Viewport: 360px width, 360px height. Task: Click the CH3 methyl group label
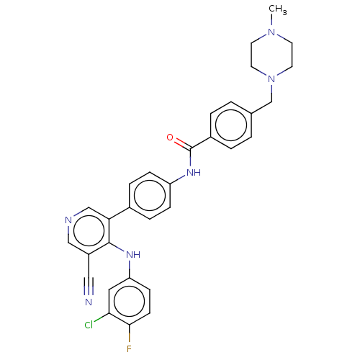coord(278,9)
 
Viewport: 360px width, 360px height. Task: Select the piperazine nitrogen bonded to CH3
coord(271,32)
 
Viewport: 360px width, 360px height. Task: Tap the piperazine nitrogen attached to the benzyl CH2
coord(271,78)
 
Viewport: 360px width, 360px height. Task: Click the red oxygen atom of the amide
coord(170,138)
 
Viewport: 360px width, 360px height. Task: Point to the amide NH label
coord(194,172)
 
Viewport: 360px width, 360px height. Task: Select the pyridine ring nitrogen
coord(68,220)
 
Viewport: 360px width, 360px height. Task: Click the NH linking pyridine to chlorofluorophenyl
coord(133,254)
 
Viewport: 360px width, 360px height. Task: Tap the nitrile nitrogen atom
coord(89,302)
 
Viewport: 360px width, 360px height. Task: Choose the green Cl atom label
coord(89,325)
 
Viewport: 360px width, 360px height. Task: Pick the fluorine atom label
coord(129,348)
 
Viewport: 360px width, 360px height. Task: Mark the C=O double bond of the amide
coord(183,144)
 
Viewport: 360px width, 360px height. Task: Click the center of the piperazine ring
coord(271,55)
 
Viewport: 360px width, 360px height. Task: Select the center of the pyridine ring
coord(89,231)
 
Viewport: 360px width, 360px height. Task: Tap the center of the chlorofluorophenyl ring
coord(130,302)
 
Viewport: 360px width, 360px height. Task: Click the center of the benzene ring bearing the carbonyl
coord(231,125)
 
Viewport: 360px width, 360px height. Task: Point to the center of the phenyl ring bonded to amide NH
coord(150,195)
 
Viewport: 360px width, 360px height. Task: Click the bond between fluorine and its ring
coord(130,334)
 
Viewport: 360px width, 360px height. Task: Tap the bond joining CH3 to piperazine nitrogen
coord(271,21)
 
